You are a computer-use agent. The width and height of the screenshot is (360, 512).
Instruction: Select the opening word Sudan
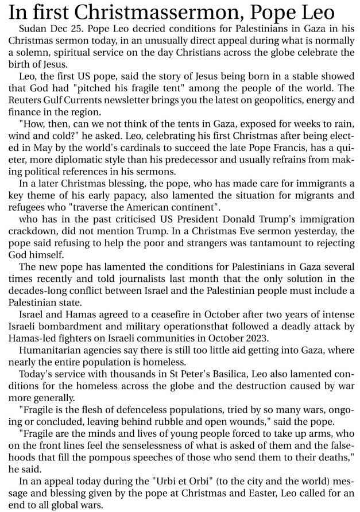click(x=32, y=28)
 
